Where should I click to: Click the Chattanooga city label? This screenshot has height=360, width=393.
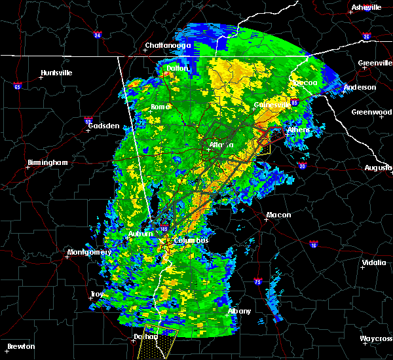click(x=168, y=45)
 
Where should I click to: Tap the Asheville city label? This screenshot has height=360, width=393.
click(x=366, y=7)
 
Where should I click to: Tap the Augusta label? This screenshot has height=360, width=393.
click(x=379, y=168)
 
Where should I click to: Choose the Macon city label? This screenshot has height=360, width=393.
click(x=278, y=215)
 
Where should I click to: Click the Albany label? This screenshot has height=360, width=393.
click(x=239, y=311)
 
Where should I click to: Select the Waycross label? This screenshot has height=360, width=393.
click(x=376, y=338)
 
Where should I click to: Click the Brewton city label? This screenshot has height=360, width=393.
click(x=21, y=346)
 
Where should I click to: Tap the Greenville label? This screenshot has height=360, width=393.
click(x=375, y=63)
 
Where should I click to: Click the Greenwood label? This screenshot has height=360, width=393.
click(x=371, y=112)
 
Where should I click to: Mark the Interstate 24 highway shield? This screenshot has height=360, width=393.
click(x=97, y=35)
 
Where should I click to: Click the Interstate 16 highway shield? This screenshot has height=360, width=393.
click(x=312, y=243)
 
